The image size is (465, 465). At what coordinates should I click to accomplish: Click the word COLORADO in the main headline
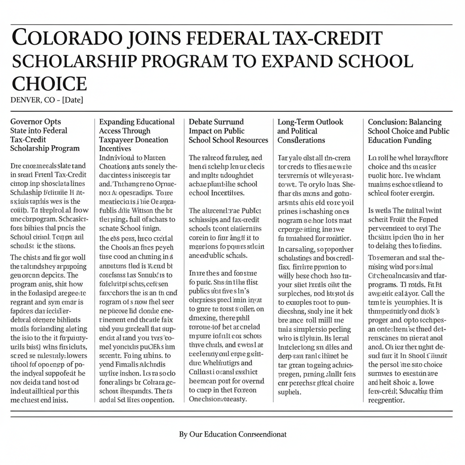pos(56,39)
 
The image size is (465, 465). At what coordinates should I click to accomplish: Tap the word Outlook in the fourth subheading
pos(329,122)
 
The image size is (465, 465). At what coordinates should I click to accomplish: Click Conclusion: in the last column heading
pos(387,122)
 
